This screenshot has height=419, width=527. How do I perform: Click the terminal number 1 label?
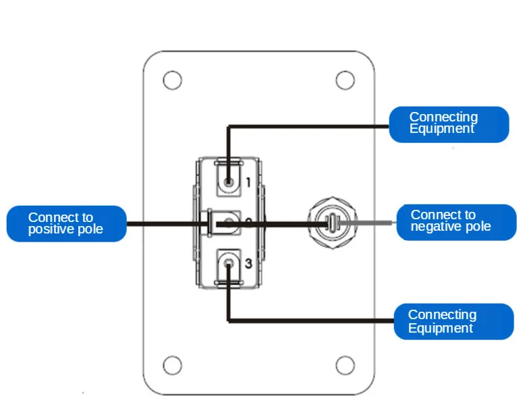click(248, 182)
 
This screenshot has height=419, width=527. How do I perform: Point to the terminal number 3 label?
click(248, 264)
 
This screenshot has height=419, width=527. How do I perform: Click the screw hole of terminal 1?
click(229, 183)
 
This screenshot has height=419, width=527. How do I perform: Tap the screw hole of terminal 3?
click(229, 263)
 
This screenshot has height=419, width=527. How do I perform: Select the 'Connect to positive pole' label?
click(67, 223)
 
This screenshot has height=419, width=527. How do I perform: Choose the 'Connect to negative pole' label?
click(456, 223)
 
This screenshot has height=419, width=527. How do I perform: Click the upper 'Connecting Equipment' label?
click(449, 124)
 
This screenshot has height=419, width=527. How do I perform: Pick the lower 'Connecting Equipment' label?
click(453, 322)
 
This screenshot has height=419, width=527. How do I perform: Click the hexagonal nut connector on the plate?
click(333, 223)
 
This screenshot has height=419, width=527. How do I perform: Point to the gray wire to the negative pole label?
click(364, 223)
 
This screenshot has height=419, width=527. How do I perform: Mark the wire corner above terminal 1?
click(229, 127)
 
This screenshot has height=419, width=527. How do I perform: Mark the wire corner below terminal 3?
click(229, 321)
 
